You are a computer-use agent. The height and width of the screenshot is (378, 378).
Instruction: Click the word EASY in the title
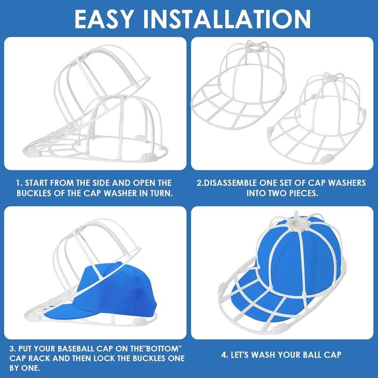pyautogui.click(x=104, y=19)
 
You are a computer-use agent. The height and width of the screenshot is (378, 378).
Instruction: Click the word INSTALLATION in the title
pyautogui.click(x=227, y=19)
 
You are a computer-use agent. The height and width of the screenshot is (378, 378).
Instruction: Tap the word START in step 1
pyautogui.click(x=37, y=183)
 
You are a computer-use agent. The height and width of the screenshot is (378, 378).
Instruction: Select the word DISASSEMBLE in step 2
pyautogui.click(x=231, y=183)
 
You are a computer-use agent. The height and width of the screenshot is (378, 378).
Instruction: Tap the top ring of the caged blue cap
pyautogui.click(x=297, y=224)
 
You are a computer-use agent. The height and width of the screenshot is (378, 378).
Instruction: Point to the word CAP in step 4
pyautogui.click(x=333, y=355)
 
